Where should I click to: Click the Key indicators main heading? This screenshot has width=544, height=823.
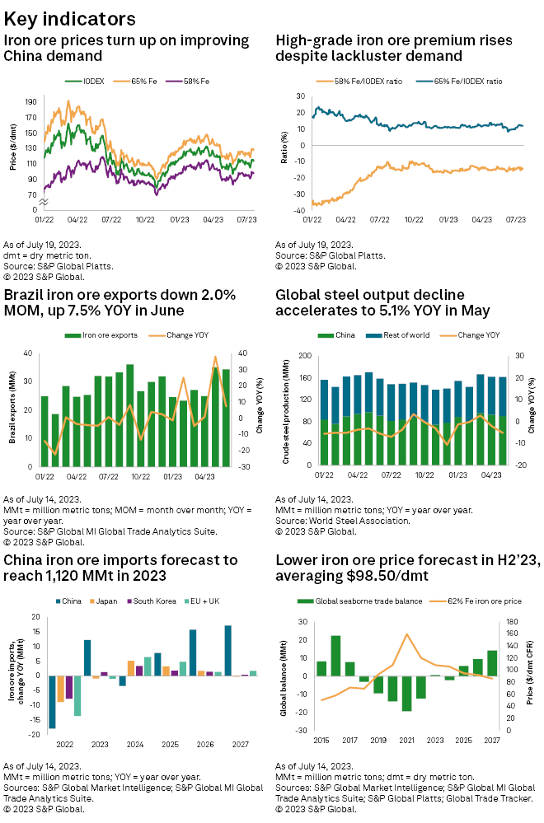[x=70, y=18]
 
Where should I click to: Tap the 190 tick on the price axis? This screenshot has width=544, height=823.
[x=30, y=102]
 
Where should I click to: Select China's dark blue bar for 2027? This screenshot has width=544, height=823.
[x=227, y=651]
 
